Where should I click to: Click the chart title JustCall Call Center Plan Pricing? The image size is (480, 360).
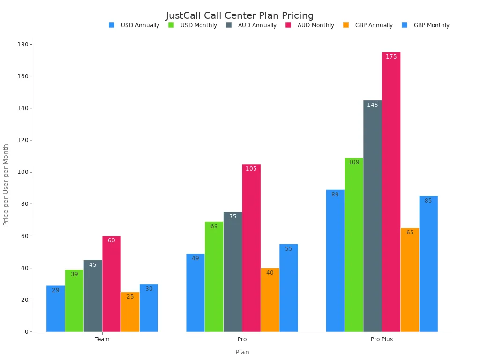(240, 15)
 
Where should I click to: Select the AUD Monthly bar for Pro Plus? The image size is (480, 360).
(391, 192)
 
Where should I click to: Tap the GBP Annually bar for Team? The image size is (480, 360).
(130, 312)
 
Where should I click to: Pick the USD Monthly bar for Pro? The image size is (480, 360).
(214, 277)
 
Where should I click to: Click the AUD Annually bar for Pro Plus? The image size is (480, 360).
(372, 216)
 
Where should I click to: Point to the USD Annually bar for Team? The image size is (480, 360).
(55, 308)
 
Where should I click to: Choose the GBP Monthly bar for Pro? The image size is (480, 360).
(288, 288)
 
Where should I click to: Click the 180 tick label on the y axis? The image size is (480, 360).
(22, 44)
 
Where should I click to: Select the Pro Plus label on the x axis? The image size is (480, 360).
(382, 339)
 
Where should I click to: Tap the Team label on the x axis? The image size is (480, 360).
(102, 339)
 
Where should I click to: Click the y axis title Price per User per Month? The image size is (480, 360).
(6, 185)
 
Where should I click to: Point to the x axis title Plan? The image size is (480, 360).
(242, 352)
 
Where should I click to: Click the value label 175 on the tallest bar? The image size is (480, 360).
(391, 57)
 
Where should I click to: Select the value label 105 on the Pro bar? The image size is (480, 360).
(251, 169)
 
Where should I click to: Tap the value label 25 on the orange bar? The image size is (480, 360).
(130, 297)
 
